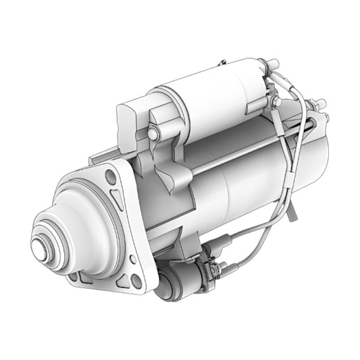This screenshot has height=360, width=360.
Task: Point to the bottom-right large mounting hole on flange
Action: pyautogui.click(x=136, y=280)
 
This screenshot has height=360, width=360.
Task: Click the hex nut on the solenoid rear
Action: pyautogui.click(x=274, y=101)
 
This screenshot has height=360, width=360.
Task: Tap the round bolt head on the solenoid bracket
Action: pyautogui.click(x=153, y=134)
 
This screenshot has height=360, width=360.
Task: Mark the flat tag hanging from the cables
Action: pyautogui.click(x=291, y=211)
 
